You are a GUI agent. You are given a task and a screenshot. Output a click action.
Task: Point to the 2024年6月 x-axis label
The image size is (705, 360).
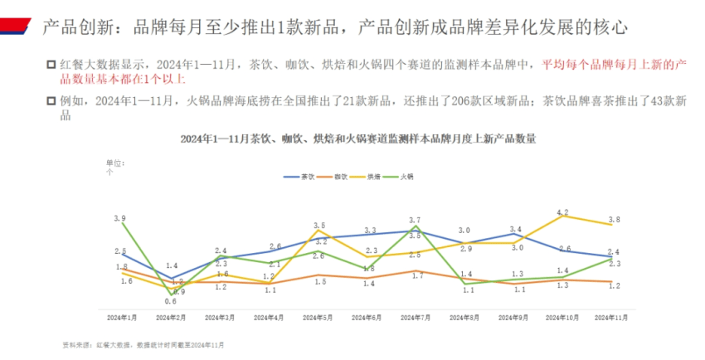pyautogui.click(x=366, y=317)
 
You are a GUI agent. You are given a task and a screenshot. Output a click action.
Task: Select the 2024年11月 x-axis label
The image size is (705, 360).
pyautogui.click(x=611, y=317)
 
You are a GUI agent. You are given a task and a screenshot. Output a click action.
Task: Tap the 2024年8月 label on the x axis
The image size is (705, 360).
pyautogui.click(x=464, y=317)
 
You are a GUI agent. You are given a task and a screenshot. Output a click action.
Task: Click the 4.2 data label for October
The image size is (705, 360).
pyautogui.click(x=562, y=214)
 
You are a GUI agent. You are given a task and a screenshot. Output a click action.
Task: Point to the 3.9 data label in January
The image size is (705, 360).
pyautogui.click(x=119, y=218)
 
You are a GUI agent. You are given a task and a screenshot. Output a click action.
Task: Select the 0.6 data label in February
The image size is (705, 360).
pyautogui.click(x=169, y=302)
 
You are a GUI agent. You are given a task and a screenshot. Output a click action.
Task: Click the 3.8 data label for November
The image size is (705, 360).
pyautogui.click(x=612, y=219)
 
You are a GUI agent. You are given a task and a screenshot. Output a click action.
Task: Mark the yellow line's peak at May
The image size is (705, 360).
pyautogui.click(x=318, y=231)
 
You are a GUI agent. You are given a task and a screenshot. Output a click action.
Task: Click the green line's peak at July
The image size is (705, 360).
pyautogui.click(x=416, y=226)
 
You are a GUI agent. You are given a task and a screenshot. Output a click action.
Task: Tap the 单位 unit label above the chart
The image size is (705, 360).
pyautogui.click(x=114, y=163)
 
